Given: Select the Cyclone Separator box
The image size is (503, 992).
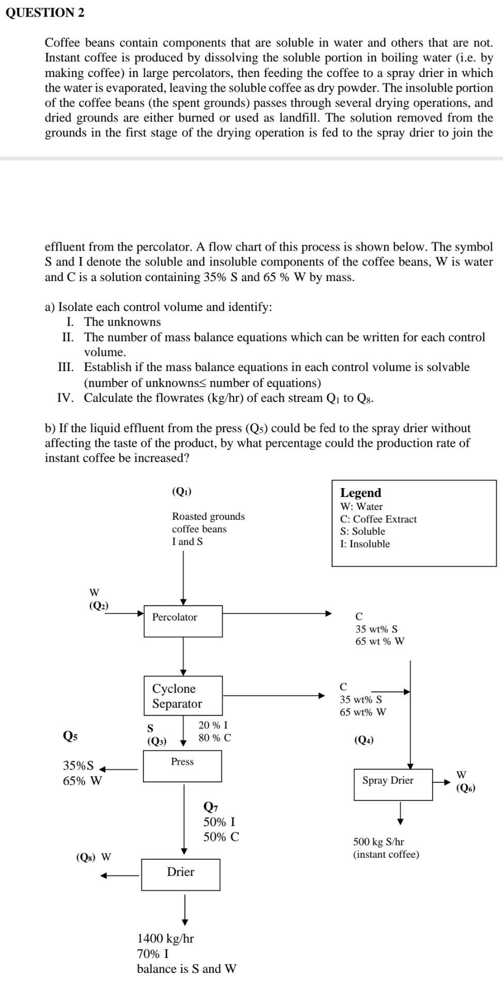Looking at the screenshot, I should coord(183,695).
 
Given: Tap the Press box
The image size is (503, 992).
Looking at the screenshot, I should coord(182,766).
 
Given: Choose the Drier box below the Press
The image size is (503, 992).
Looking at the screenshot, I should coord(181,874).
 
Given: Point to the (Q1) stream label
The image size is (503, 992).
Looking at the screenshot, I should coord(181,492).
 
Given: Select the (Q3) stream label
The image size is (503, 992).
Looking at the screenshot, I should coord(157,741).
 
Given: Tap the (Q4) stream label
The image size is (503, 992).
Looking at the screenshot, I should coord(364,740).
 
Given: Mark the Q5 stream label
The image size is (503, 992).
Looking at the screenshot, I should coord(70,735).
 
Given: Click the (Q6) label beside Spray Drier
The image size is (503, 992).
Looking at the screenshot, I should coord(466,788).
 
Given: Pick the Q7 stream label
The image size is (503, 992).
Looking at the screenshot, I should coord(211,807).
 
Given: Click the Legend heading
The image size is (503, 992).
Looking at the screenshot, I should coord(360,493).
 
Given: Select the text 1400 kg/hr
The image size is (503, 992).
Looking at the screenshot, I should coord(165,938).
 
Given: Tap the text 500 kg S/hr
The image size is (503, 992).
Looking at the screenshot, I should coord(379,842).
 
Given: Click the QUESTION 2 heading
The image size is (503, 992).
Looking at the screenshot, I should coord(45,13).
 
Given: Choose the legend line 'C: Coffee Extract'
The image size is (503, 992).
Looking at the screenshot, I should coord(378,519).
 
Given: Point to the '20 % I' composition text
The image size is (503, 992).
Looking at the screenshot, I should coord(213,725).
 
